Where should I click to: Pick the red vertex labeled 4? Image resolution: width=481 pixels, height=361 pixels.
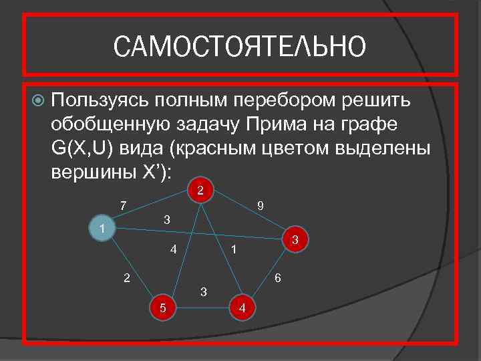point(242,308)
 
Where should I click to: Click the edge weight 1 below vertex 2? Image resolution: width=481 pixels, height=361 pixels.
point(232,250)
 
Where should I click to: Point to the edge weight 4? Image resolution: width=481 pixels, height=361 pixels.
point(173,251)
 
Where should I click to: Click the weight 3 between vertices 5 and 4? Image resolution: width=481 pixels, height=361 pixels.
point(204,291)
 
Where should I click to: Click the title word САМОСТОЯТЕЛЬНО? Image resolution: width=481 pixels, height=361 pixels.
point(240,47)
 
